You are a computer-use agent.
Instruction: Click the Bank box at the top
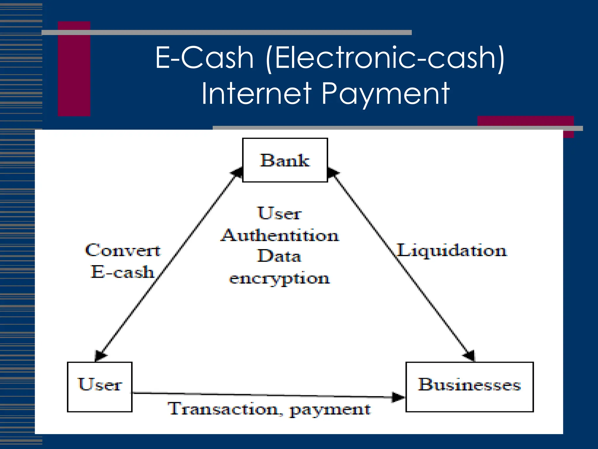285,160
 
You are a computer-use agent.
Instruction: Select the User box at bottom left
100,386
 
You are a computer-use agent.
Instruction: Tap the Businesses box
470,386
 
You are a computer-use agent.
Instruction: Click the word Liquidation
452,251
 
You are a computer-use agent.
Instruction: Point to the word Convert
123,251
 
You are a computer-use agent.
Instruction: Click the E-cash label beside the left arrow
122,272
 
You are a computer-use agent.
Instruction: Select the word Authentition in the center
280,235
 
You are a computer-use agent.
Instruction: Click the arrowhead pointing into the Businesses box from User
398,397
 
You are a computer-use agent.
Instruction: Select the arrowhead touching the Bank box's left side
237,172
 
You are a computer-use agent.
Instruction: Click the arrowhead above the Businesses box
469,355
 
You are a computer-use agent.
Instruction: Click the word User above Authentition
279,213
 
